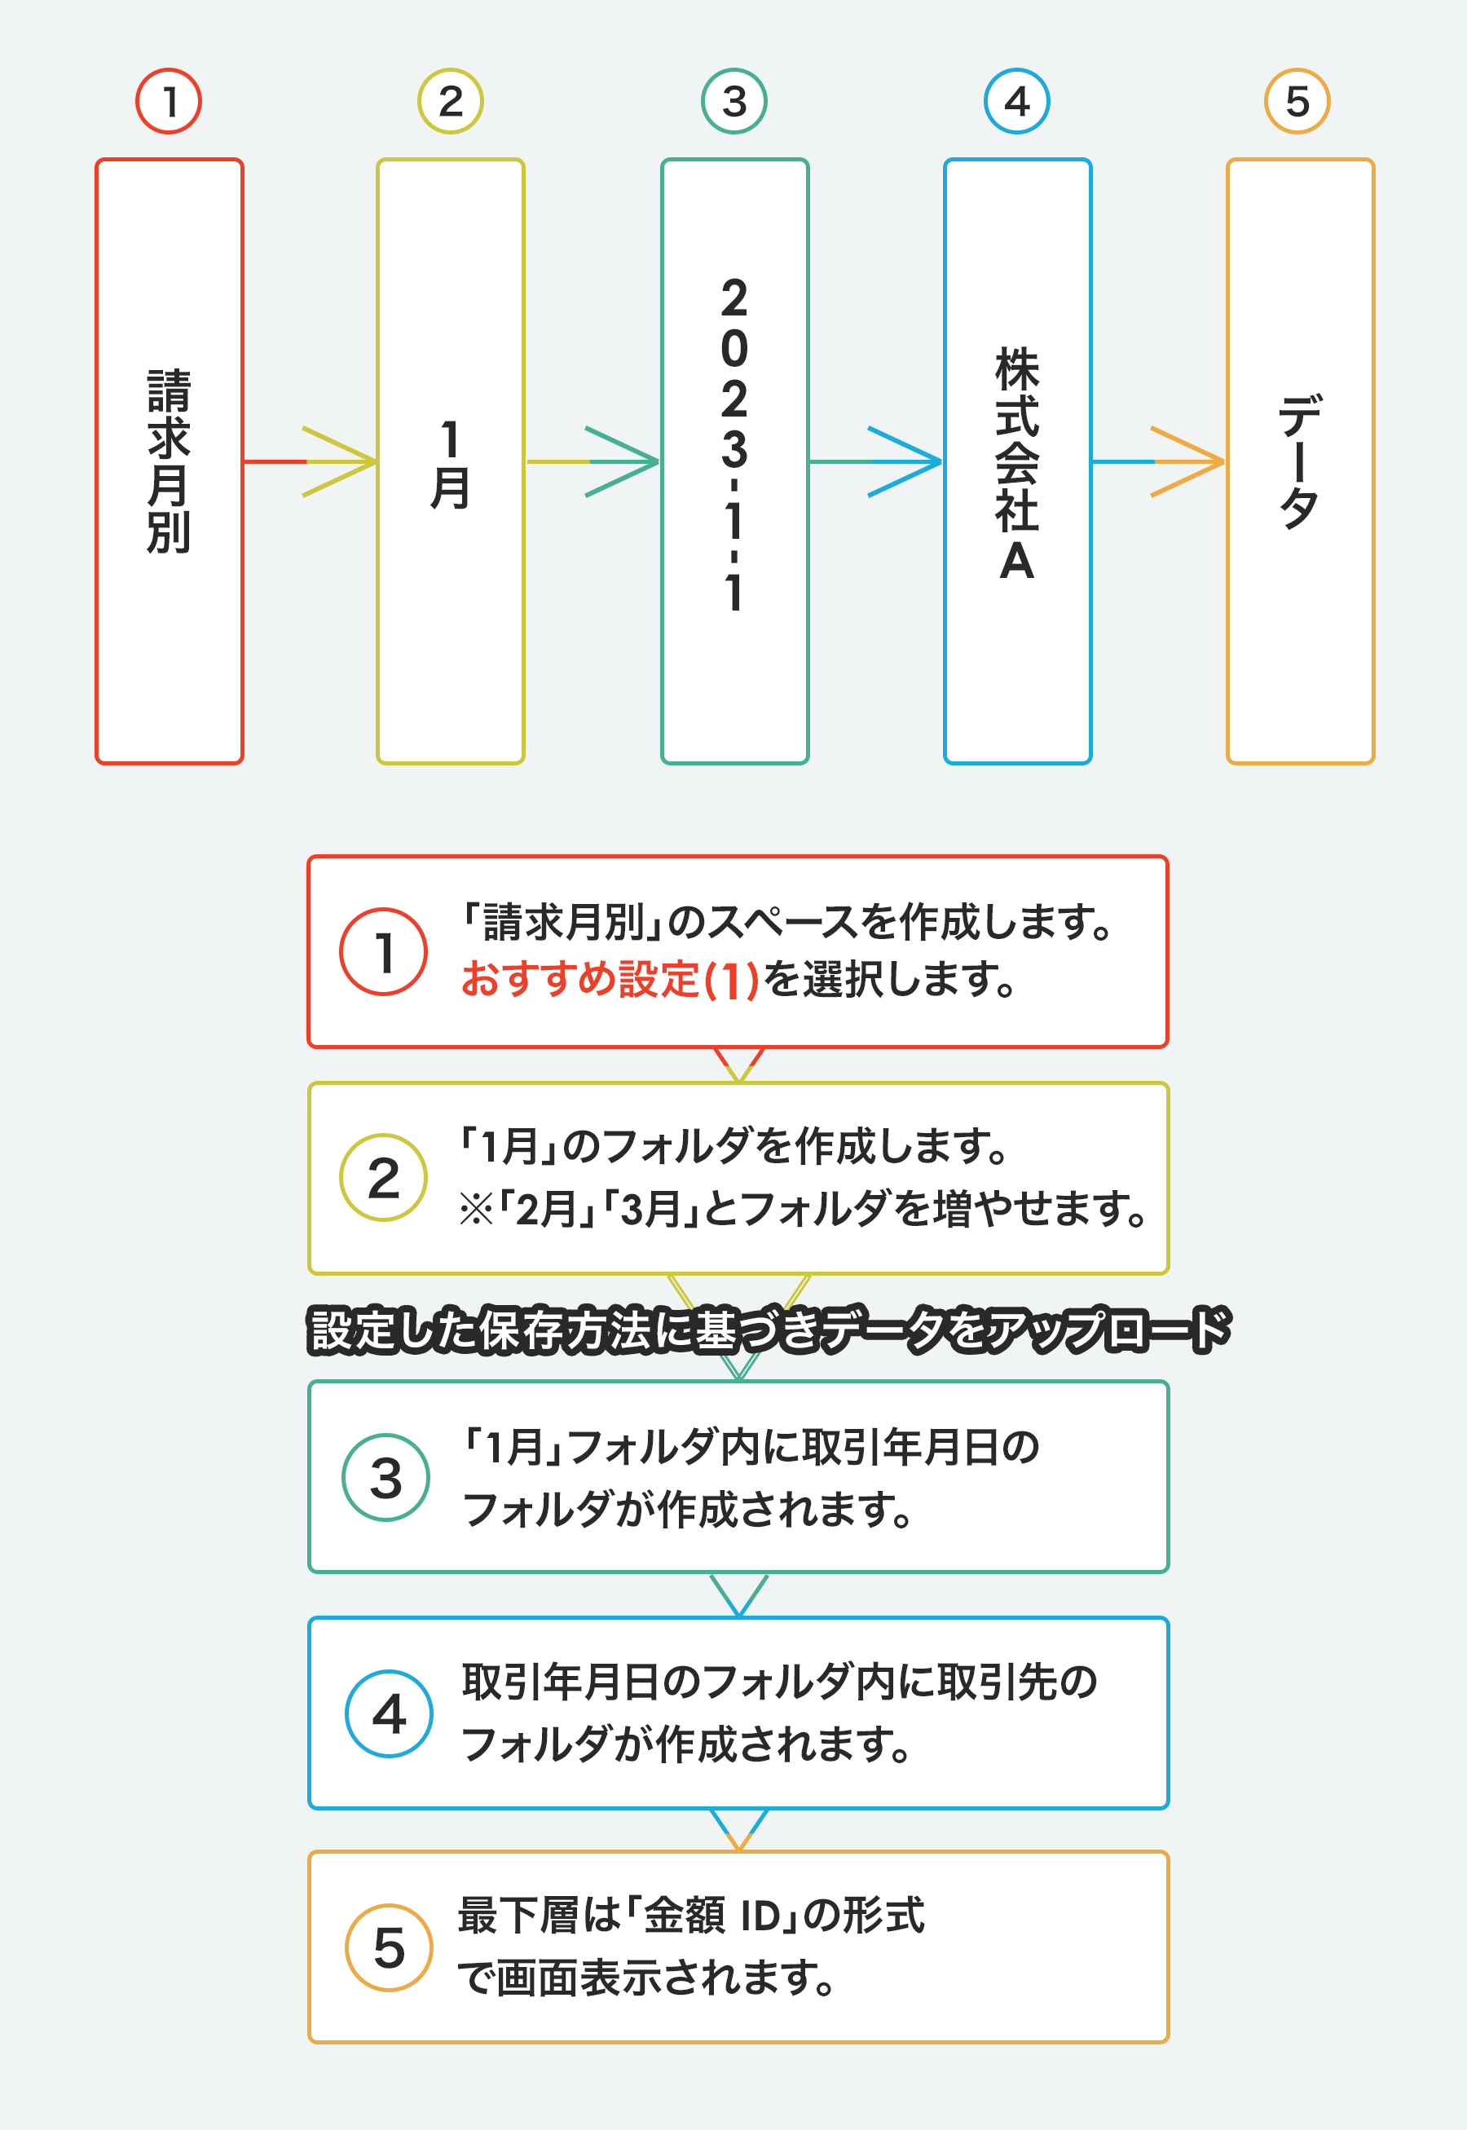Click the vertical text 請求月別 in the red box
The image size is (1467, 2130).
pos(170,461)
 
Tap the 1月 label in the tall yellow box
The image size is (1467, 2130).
pos(451,465)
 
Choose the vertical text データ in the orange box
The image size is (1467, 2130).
pos(1300,461)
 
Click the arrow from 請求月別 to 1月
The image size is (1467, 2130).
pos(310,461)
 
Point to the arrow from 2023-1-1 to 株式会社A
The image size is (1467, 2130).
pos(876,461)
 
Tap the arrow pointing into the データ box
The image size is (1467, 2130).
pos(1158,461)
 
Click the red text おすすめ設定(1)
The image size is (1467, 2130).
pos(610,979)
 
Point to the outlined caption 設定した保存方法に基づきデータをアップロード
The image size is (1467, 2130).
pos(769,1330)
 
